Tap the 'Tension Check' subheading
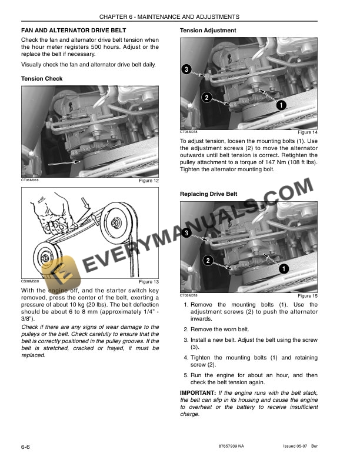(x=42, y=79)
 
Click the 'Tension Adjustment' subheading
(x=208, y=30)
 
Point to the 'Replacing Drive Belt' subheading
(x=208, y=194)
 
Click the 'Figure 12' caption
(x=148, y=181)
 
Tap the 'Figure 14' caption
(x=308, y=133)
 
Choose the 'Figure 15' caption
(x=308, y=296)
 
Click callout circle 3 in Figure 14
(x=186, y=70)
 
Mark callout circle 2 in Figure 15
(x=207, y=260)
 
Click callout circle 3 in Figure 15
(x=186, y=234)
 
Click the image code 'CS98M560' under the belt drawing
(x=30, y=281)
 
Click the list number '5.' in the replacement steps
(x=186, y=375)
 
